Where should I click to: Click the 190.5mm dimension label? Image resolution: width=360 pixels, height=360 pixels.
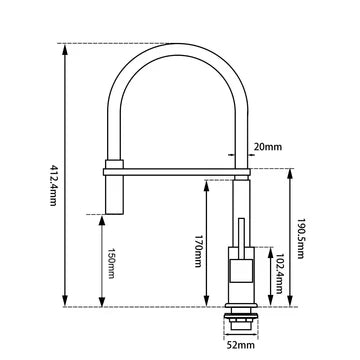pos(300,237)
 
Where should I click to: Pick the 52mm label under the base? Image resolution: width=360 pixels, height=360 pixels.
pos(239,347)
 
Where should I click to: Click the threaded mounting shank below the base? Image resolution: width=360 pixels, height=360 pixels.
pos(239,321)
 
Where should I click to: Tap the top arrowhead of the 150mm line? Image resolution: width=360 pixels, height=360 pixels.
pos(103,218)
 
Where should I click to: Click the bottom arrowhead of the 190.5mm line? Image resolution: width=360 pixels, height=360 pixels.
pos(288,302)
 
